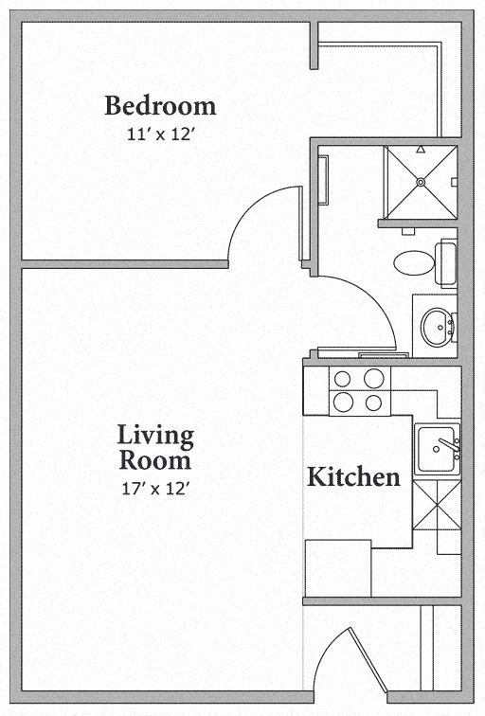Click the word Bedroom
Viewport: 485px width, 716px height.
tap(160, 104)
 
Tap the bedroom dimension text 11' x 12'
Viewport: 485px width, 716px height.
tap(160, 134)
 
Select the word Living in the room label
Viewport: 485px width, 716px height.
tap(155, 437)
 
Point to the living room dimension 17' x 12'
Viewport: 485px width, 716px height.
tap(155, 489)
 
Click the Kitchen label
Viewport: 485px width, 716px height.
tap(353, 476)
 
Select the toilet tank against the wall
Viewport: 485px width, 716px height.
tap(446, 262)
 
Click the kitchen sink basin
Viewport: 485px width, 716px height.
tap(435, 448)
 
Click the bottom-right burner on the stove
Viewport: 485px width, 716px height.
tap(374, 403)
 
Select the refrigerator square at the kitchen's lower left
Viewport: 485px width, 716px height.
tap(338, 567)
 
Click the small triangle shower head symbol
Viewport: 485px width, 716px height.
tap(452, 182)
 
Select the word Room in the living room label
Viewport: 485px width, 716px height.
tap(155, 461)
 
